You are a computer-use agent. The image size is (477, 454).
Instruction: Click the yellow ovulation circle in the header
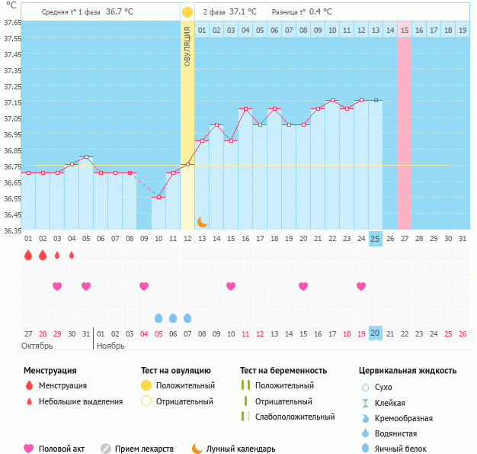[x=187, y=12]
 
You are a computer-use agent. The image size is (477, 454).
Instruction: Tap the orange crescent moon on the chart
[x=202, y=221]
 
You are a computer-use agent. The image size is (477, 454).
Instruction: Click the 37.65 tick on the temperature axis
[x=11, y=22]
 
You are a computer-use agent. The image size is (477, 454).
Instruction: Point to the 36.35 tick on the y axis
[x=11, y=230]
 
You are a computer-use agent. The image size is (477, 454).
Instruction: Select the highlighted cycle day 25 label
[x=375, y=239]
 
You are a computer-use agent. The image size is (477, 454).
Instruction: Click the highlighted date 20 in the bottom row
[x=375, y=333]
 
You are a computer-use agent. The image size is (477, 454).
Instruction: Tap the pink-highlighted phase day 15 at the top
[x=405, y=30]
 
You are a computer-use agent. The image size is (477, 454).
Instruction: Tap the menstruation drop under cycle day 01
[x=28, y=255]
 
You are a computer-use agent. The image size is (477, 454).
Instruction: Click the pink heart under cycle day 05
[x=86, y=286]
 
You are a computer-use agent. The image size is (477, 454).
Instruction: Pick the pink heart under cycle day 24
[x=361, y=286]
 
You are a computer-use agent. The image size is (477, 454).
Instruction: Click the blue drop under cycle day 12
[x=187, y=317]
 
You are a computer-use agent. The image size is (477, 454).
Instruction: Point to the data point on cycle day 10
[x=158, y=197]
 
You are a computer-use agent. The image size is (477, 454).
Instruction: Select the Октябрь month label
[x=37, y=345]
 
